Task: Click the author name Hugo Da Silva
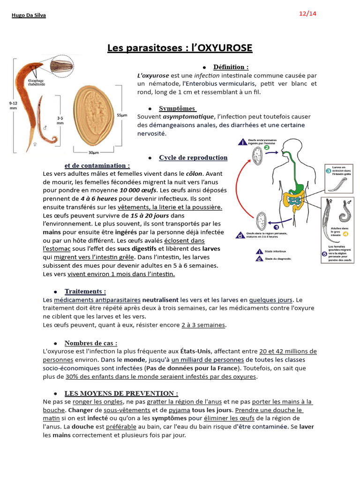tap(29, 15)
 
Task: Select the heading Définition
tap(231, 67)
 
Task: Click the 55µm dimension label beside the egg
tap(122, 115)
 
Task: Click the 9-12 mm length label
tap(13, 105)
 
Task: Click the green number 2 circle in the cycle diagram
tap(266, 148)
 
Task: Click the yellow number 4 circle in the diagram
tap(345, 233)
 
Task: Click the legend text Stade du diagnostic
tap(278, 258)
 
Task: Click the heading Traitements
tap(85, 291)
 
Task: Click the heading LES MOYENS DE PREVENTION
tap(121, 393)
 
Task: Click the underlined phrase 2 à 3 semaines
tap(203, 325)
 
